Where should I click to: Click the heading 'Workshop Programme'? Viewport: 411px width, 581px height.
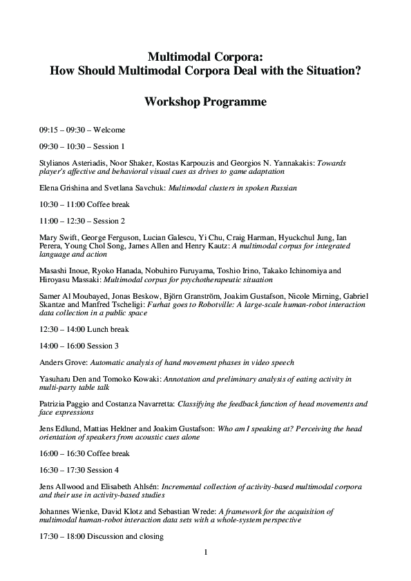[205, 101]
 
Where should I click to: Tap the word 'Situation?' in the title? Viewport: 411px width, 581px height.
[331, 70]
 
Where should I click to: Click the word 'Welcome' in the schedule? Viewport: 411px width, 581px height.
[109, 129]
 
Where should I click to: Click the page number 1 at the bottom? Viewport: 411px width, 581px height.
[206, 552]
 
